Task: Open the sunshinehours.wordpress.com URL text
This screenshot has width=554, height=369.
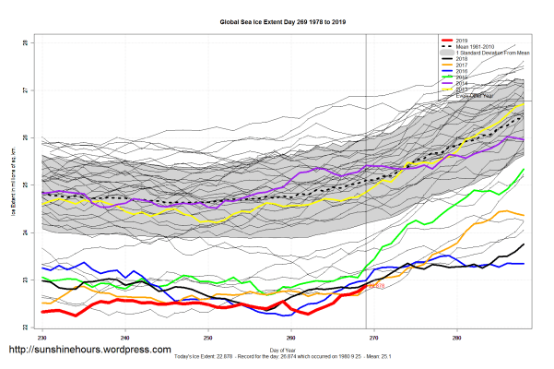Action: [89, 351]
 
